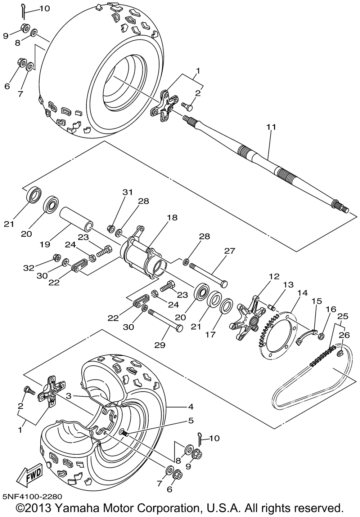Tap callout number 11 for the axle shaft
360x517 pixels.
coord(271,127)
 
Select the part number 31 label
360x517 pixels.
coord(127,192)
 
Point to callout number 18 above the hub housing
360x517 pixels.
coord(172,217)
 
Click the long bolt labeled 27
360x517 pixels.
coord(208,275)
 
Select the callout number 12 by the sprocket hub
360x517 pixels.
coord(274,276)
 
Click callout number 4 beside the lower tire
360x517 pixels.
coord(190,406)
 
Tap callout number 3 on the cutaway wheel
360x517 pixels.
coord(68,396)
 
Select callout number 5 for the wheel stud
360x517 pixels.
coord(191,420)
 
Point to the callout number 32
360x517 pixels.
coord(29,268)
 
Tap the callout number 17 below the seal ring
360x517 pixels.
coord(210,334)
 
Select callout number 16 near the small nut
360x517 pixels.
coord(331,309)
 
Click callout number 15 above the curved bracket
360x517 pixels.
coord(317,301)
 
